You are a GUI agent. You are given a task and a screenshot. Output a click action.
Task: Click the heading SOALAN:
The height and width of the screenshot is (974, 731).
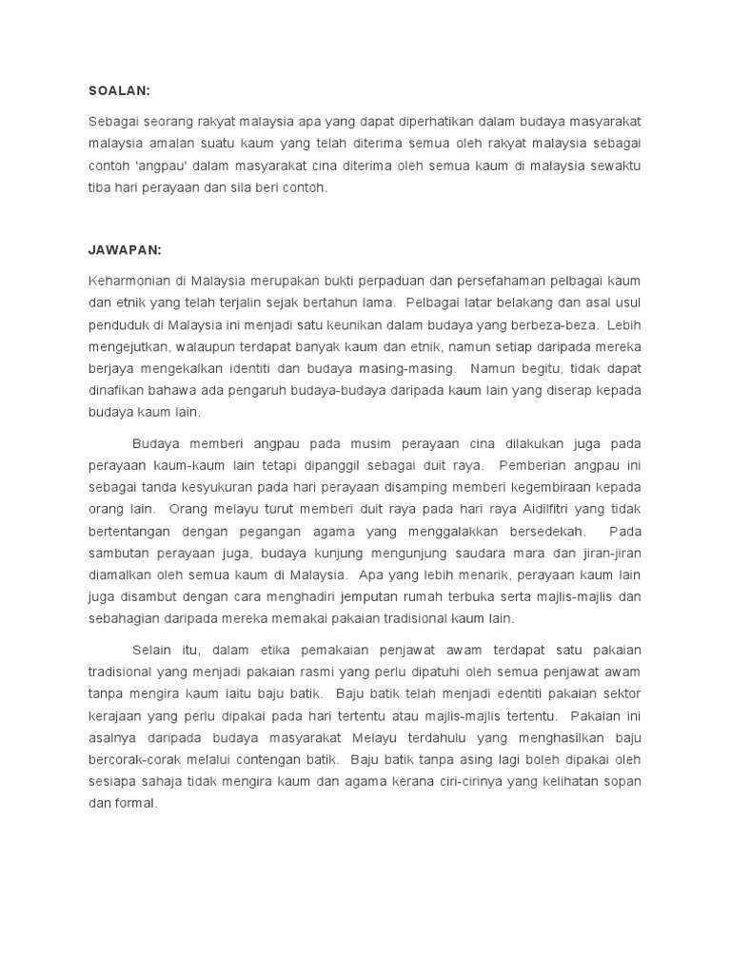pos(120,90)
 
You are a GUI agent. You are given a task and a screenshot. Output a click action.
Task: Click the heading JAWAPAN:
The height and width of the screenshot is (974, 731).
pos(125,249)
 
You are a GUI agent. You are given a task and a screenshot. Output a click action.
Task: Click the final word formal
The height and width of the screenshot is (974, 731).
pos(134,803)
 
